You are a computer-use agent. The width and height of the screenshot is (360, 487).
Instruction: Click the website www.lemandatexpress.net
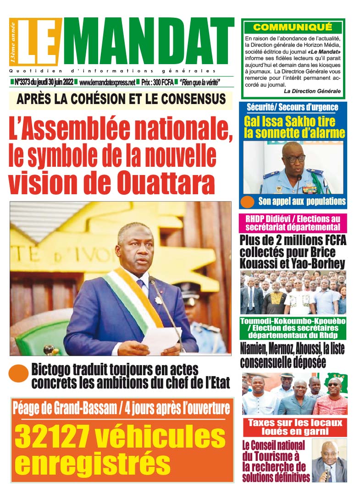click(107, 82)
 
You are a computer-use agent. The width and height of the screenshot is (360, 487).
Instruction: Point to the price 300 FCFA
click(157, 82)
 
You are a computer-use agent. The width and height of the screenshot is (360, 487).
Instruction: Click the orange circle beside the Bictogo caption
click(19, 373)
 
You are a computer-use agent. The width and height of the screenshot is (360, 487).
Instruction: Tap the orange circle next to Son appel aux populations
click(247, 202)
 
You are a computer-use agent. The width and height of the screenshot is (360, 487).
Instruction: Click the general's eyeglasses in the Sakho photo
click(294, 159)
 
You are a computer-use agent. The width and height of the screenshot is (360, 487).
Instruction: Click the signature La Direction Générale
click(312, 91)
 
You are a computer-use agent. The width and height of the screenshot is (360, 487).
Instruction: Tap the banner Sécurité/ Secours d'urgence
click(292, 108)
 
